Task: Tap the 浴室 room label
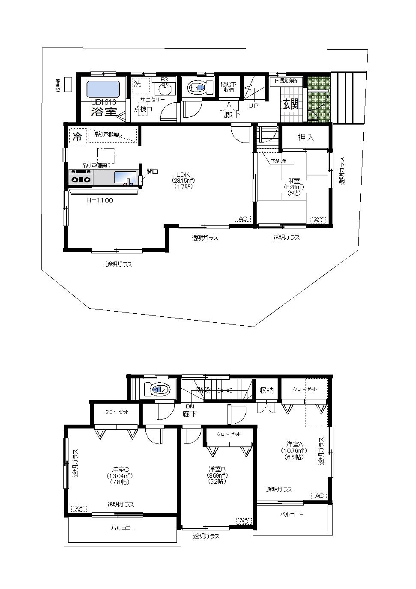tap(104, 112)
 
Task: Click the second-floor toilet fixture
tap(157, 389)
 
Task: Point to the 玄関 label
tap(290, 104)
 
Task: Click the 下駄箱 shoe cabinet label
tap(286, 80)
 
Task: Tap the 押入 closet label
tap(306, 137)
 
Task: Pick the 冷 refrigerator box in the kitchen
tap(78, 137)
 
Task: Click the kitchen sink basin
tap(125, 177)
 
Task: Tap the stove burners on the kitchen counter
tap(81, 177)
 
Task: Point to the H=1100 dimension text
tap(99, 200)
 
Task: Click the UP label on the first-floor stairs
tap(253, 105)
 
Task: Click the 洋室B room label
tap(217, 469)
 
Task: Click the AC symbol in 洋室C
tap(79, 509)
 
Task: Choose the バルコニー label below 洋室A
tap(292, 514)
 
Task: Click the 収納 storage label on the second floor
tap(266, 390)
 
